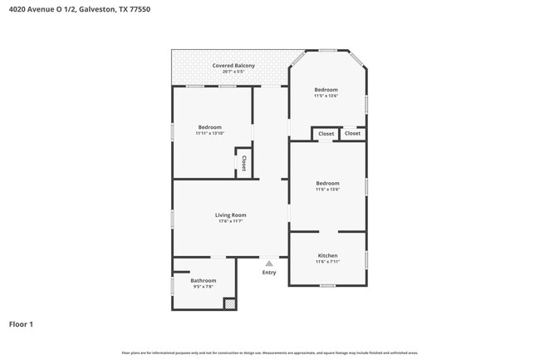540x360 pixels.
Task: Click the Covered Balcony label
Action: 233,65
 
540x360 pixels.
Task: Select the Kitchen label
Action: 327,255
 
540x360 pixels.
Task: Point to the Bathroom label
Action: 204,280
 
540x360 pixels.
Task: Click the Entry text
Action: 269,273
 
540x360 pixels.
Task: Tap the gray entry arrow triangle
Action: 268,264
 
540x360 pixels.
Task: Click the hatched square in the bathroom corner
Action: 229,304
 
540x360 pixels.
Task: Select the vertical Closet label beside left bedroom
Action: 244,164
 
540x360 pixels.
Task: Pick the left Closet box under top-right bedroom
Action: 326,133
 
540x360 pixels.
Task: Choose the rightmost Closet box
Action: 352,133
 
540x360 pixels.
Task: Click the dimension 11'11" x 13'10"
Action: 209,133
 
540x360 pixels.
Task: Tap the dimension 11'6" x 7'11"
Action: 327,262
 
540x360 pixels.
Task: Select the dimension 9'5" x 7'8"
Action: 204,287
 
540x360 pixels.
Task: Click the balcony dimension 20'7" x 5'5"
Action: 233,72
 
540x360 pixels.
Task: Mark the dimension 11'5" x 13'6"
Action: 326,96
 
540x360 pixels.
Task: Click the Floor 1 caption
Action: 21,324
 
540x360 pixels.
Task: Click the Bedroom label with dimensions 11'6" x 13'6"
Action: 327,183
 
